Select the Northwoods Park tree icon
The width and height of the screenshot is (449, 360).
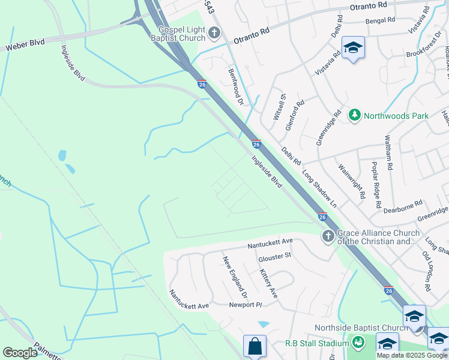point(355,115)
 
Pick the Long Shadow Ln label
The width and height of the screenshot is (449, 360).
point(319,188)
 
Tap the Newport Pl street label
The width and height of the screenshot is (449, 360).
point(246,305)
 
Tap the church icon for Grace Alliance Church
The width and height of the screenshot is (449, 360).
point(328,236)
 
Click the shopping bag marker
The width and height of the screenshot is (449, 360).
point(255,346)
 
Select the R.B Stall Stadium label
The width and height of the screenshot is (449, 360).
point(317,343)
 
